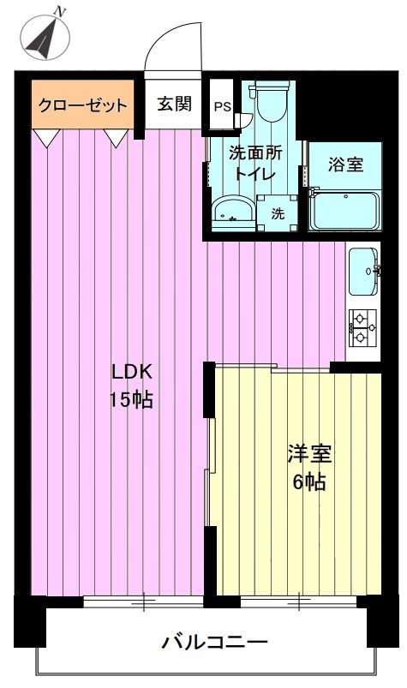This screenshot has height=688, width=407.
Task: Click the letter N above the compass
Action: pyautogui.click(x=60, y=12)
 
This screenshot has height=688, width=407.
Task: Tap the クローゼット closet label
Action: pyautogui.click(x=83, y=105)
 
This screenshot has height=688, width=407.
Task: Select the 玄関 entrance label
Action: pyautogui.click(x=175, y=104)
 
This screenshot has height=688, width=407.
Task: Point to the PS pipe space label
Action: pyautogui.click(x=223, y=106)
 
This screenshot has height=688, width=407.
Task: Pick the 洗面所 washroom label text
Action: pyautogui.click(x=255, y=153)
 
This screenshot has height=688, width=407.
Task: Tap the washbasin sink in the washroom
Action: pyautogui.click(x=233, y=212)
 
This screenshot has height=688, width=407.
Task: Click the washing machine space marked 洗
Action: pyautogui.click(x=277, y=213)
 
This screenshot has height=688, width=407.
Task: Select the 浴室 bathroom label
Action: pyautogui.click(x=345, y=165)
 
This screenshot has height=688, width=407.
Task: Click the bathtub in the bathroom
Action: pyautogui.click(x=344, y=211)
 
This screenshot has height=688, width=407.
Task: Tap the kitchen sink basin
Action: pyautogui.click(x=363, y=272)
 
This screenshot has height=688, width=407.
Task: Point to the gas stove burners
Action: pyautogui.click(x=362, y=326)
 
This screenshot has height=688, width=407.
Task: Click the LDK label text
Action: pyautogui.click(x=132, y=373)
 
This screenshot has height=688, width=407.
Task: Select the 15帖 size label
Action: pyautogui.click(x=131, y=400)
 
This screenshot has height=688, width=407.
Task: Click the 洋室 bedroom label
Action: pyautogui.click(x=309, y=454)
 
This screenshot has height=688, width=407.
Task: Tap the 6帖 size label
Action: pyautogui.click(x=309, y=482)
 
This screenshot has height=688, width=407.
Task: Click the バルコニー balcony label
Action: pyautogui.click(x=214, y=643)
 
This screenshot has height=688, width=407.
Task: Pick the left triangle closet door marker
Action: pyautogui.click(x=47, y=137)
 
